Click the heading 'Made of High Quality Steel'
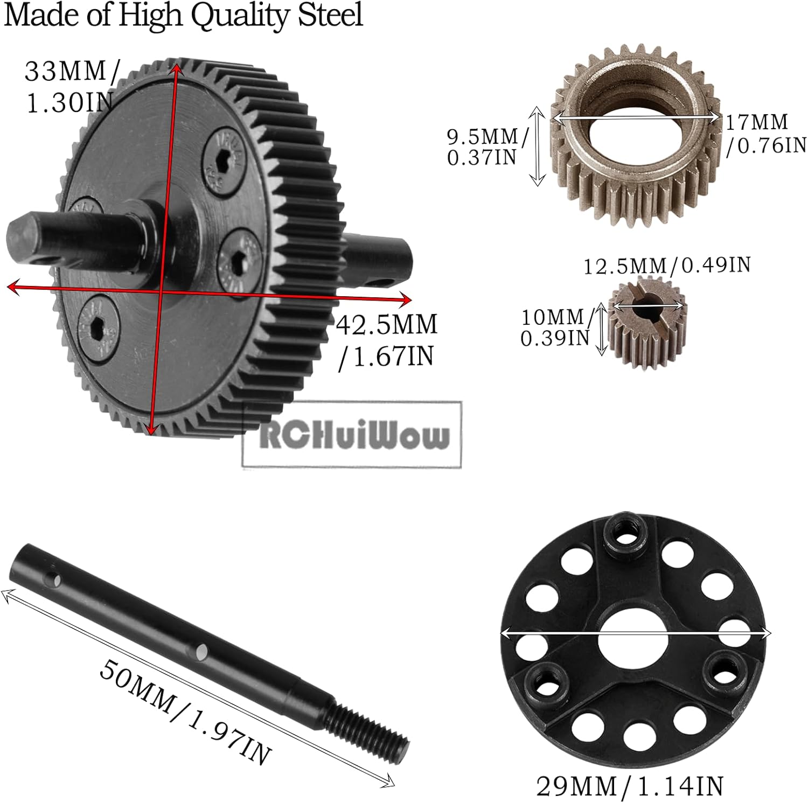(x=183, y=15)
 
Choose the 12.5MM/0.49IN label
(x=667, y=265)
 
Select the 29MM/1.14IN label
(x=629, y=786)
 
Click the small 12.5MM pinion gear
(x=649, y=329)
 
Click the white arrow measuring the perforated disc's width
(x=636, y=633)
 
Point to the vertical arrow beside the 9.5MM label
(x=537, y=145)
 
